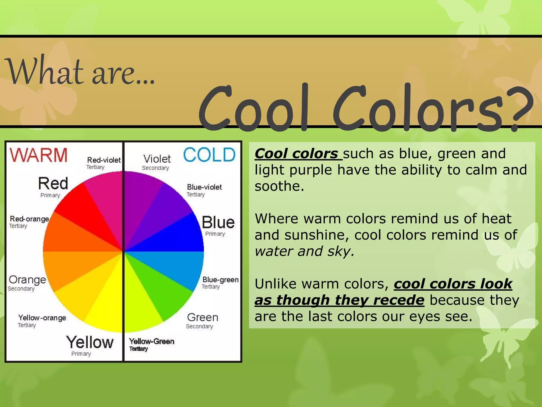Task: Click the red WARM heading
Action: [x=39, y=155]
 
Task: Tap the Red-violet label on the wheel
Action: [x=104, y=160]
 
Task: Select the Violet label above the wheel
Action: [x=157, y=159]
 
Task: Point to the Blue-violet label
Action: [x=204, y=187]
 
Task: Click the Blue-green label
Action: [x=220, y=280]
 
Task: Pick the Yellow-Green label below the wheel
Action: [x=152, y=341]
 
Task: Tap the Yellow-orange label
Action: [x=42, y=318]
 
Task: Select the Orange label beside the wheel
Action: [x=27, y=280]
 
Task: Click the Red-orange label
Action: [x=29, y=219]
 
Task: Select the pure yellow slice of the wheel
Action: [x=106, y=305]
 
